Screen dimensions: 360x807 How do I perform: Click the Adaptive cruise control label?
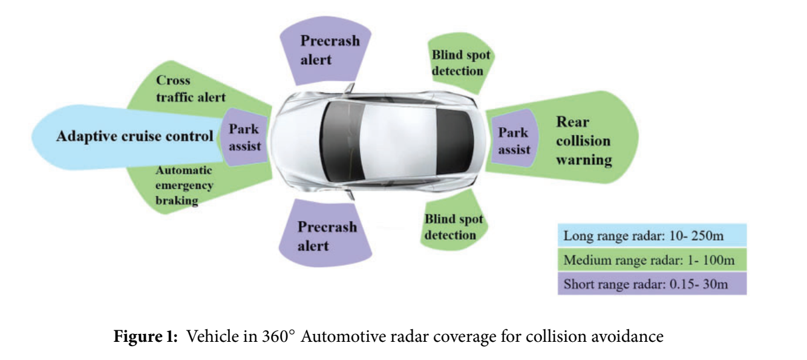(x=134, y=136)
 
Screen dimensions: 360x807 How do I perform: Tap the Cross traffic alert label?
(x=191, y=89)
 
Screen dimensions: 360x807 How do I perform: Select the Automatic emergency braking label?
(x=184, y=186)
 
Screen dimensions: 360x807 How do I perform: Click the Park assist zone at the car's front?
(x=244, y=137)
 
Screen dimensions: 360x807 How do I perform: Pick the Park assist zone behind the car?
(x=513, y=140)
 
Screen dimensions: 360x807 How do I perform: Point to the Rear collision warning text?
(x=583, y=141)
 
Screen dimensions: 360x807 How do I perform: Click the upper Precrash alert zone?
(x=330, y=50)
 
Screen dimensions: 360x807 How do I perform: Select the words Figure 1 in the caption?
(x=146, y=336)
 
